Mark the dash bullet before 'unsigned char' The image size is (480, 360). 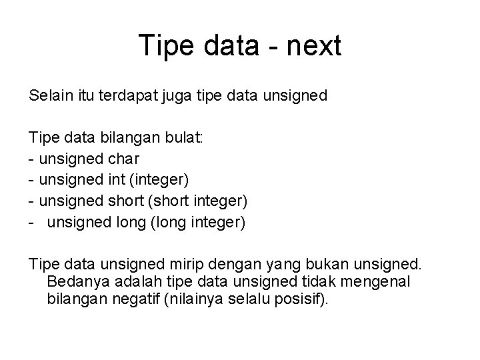(31, 159)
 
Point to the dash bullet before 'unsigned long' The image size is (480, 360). (31, 223)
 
